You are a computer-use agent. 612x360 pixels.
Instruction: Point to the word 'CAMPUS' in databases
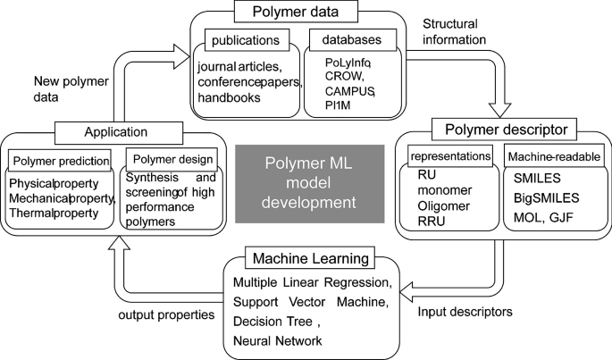(x=350, y=92)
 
